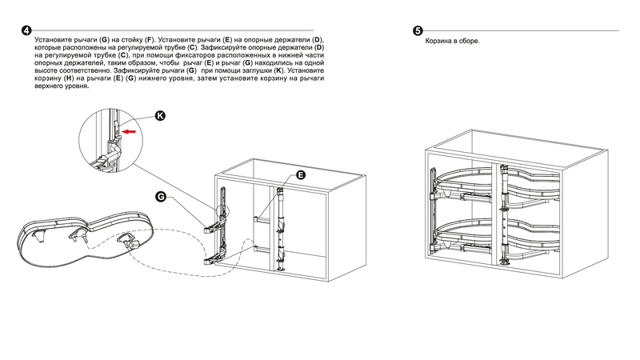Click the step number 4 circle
(x=27, y=30)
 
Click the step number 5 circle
(x=418, y=30)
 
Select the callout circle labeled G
(x=161, y=196)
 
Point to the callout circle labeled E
(x=301, y=174)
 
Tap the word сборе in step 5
(x=468, y=39)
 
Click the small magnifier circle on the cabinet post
(x=222, y=210)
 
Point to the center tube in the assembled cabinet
(x=505, y=212)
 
